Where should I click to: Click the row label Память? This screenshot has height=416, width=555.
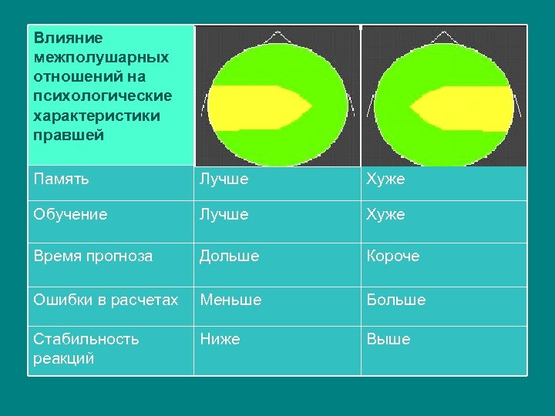(62, 179)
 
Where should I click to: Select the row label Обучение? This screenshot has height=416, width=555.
(70, 214)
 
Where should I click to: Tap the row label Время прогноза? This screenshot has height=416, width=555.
(93, 256)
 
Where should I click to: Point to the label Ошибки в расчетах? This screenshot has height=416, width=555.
(106, 300)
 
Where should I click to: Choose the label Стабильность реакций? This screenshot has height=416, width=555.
(86, 348)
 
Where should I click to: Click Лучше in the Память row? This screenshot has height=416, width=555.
(224, 179)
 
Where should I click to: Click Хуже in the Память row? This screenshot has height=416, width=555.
(385, 179)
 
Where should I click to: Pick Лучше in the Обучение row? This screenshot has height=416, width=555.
(224, 214)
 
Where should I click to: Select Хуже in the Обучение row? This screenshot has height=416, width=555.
(385, 214)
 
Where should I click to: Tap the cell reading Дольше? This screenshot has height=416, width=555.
(230, 256)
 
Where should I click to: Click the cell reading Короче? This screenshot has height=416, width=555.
(393, 256)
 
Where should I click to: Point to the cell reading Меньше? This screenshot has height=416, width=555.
(230, 300)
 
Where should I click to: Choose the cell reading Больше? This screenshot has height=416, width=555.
(396, 300)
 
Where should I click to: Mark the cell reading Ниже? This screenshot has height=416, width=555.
(220, 339)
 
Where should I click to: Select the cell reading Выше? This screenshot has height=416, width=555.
(388, 339)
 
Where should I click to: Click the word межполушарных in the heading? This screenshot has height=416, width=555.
(102, 57)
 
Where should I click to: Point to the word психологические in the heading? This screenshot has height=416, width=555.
(103, 96)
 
